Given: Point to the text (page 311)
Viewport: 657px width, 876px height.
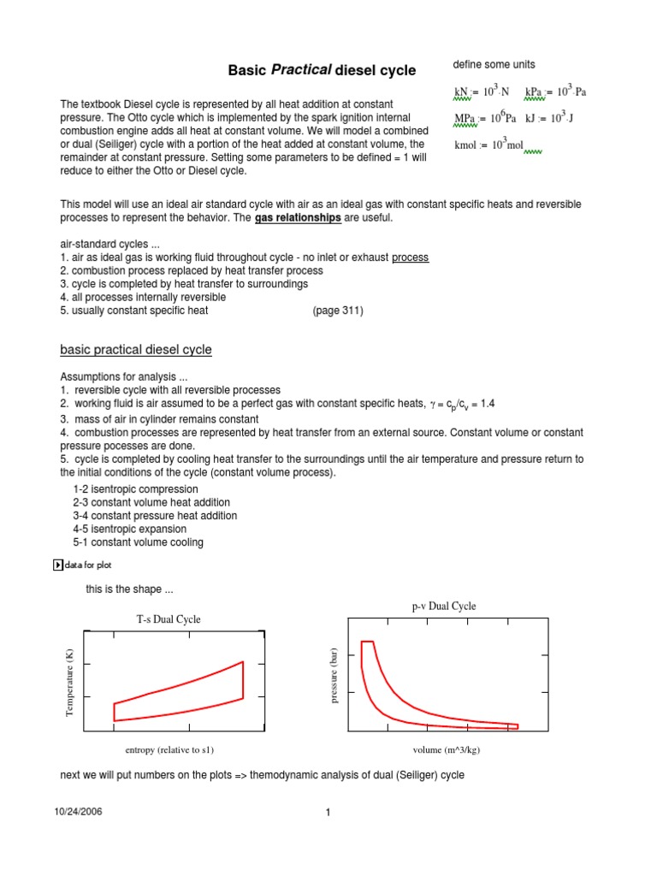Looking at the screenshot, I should pyautogui.click(x=338, y=311).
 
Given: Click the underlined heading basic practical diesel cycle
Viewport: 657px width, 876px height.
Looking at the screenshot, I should pyautogui.click(x=136, y=350).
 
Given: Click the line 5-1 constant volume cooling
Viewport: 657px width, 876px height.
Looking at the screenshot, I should pyautogui.click(x=138, y=542).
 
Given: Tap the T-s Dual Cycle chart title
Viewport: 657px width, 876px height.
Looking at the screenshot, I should pyautogui.click(x=169, y=619).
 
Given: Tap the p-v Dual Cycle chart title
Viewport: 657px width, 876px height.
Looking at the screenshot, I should pyautogui.click(x=443, y=606).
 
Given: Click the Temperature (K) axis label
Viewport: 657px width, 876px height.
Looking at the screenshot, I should pyautogui.click(x=72, y=682).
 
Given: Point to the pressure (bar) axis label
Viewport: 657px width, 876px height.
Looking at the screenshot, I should pyautogui.click(x=335, y=676).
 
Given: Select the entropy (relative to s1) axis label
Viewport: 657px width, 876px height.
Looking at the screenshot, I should pyautogui.click(x=169, y=750).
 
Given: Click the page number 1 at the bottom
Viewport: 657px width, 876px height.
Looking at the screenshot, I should pyautogui.click(x=328, y=813).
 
